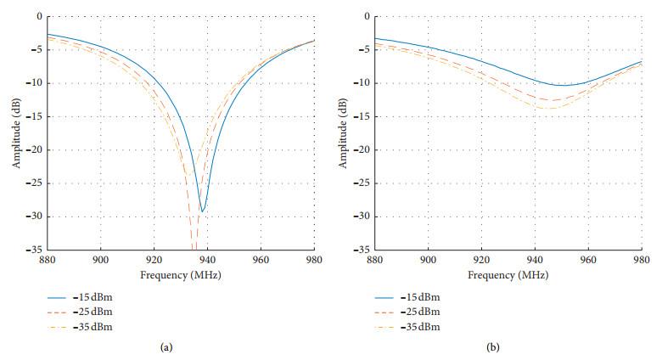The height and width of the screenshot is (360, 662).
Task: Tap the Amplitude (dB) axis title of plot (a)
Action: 16,132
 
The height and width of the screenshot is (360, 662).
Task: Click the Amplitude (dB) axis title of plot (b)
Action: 345,132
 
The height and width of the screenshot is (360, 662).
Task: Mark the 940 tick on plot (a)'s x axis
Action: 207,262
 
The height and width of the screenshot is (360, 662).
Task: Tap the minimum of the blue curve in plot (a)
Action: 202,211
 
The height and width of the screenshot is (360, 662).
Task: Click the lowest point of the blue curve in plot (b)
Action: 561,85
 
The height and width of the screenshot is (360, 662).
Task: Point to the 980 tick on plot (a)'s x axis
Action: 314,262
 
